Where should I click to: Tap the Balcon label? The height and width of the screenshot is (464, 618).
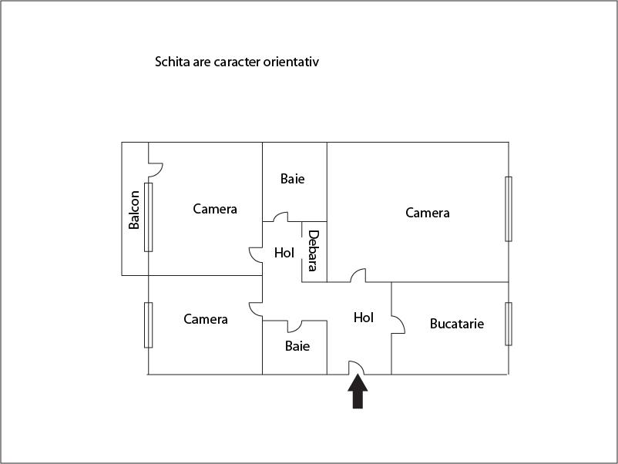pos(135,210)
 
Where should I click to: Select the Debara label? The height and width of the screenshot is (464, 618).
pos(313,250)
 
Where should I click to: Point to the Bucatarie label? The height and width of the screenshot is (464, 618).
pos(457,324)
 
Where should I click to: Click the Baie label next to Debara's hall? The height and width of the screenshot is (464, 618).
pos(292,179)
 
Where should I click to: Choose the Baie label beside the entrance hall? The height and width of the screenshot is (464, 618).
pos(297,346)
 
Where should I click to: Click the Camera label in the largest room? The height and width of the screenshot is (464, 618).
pos(428,213)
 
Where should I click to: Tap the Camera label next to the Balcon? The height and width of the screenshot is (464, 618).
pos(215,209)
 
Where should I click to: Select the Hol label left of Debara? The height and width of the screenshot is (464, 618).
pos(284,252)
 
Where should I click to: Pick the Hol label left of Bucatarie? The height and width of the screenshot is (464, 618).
pos(364,317)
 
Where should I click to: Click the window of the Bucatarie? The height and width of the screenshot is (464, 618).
pos(509,324)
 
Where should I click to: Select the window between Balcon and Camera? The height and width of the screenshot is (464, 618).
pos(149,217)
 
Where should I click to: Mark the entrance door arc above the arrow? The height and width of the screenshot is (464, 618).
pos(357,368)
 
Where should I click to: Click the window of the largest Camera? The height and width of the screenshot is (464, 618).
pos(509,209)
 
